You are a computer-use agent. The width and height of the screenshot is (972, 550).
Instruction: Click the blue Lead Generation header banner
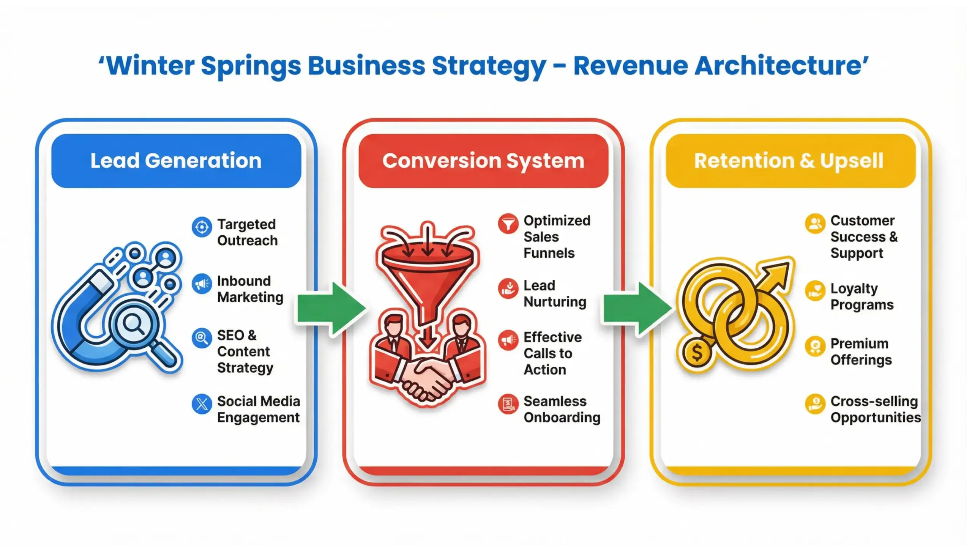tap(176, 161)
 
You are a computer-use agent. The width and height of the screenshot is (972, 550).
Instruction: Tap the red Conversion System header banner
tap(483, 161)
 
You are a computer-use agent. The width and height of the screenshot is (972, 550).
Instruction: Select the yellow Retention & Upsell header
tap(791, 161)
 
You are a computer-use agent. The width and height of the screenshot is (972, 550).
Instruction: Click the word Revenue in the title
tap(630, 66)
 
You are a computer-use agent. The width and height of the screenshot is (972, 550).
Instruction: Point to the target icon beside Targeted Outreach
tap(202, 227)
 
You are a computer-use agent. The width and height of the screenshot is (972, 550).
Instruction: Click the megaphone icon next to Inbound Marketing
tap(202, 284)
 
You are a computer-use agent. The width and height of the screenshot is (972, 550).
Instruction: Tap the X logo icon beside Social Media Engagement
tap(202, 404)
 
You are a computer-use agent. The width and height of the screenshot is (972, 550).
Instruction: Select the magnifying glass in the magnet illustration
tap(133, 325)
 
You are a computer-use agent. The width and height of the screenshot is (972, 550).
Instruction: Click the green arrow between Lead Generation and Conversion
tap(330, 308)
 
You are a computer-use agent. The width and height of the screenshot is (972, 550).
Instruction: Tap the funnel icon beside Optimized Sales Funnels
tap(508, 224)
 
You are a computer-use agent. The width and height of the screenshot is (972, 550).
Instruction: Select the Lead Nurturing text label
tap(554, 294)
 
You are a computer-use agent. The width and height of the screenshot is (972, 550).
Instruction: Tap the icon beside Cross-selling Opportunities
tap(815, 404)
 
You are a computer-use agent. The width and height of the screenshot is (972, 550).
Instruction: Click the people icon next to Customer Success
tap(815, 224)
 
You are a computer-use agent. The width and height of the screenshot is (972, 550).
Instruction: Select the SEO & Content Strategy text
tap(245, 351)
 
